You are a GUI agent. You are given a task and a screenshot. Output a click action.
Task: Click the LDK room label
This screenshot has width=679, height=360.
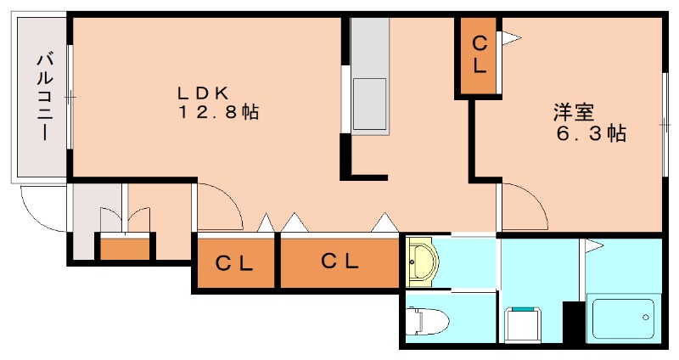(x=203, y=93)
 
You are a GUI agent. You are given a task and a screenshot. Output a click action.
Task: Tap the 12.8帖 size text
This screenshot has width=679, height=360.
(x=219, y=113)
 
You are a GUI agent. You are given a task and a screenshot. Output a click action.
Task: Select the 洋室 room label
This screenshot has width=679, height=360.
(x=574, y=113)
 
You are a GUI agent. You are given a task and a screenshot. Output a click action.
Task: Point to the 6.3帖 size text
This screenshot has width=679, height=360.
(x=591, y=133)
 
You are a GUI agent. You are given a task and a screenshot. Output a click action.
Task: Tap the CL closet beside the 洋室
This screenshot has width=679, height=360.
(x=479, y=56)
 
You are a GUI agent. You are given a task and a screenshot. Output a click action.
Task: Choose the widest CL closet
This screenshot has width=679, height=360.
(x=339, y=262)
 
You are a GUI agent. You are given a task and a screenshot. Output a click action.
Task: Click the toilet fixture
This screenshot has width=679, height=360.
(x=428, y=321)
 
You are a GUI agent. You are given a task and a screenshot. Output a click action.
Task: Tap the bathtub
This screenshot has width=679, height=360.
(x=623, y=319)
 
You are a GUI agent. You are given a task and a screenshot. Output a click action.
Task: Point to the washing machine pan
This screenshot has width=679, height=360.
(x=524, y=324)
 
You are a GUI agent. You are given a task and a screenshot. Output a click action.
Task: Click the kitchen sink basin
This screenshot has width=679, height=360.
(x=369, y=104)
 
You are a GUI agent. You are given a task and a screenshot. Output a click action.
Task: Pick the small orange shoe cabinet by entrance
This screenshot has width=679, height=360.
(x=125, y=248)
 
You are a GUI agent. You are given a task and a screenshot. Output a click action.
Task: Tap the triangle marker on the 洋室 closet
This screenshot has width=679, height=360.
(x=512, y=38)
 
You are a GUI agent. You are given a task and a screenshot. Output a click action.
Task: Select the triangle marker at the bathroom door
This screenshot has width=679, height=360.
(x=594, y=246)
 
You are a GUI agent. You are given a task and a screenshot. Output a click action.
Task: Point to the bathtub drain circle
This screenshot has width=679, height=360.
(x=646, y=317)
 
